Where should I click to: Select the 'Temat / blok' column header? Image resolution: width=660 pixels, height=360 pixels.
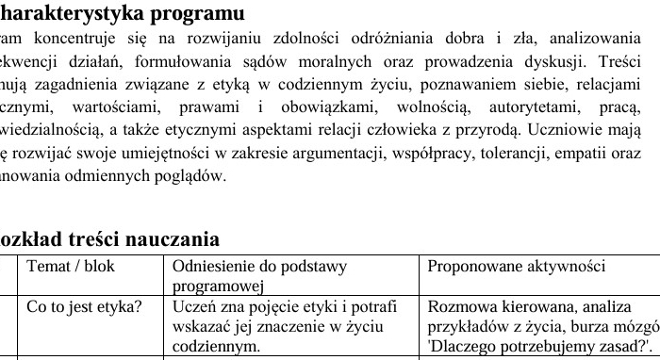tap(71, 267)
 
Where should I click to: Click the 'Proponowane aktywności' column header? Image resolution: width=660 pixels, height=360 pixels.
tap(516, 267)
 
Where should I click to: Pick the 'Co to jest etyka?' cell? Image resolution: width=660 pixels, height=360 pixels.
tap(85, 306)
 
